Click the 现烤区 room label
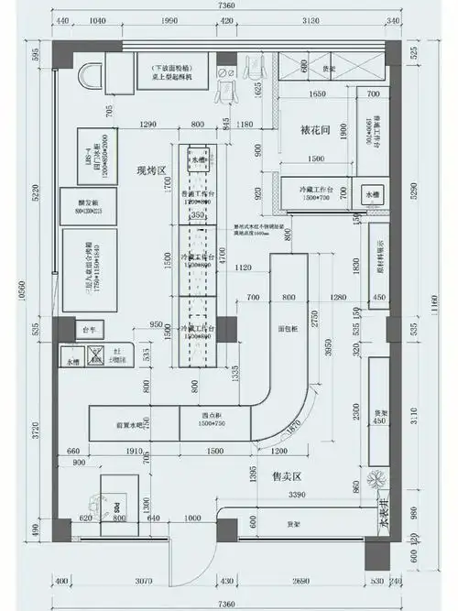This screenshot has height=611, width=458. tap(148, 170)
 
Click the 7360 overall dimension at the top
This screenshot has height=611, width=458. tap(227, 7)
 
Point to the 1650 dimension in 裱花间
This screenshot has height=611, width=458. tap(318, 94)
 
